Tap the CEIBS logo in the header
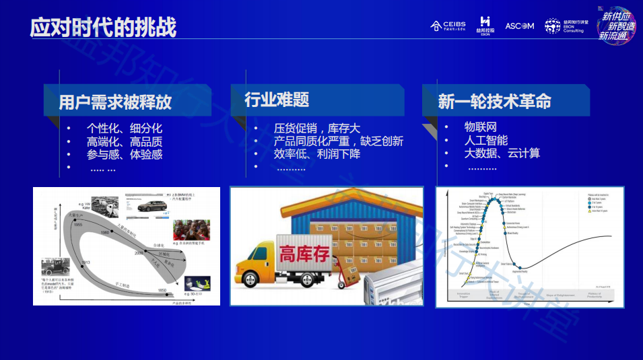click(448, 26)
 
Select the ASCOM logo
click(519, 26)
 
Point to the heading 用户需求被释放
click(115, 102)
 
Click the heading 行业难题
click(277, 100)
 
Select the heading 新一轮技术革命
click(494, 102)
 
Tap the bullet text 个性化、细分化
click(124, 129)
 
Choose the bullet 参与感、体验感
click(124, 154)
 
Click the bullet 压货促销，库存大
click(316, 129)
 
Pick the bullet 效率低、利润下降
click(316, 154)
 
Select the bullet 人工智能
click(486, 140)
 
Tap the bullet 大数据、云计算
click(502, 153)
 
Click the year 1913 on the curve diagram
click(86, 262)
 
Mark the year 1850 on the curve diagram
click(162, 290)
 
